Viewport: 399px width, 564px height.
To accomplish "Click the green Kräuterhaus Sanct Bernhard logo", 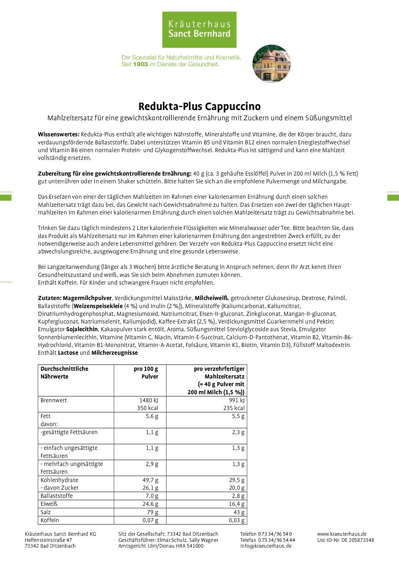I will coord(199,30).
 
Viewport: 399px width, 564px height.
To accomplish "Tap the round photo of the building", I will coord(272,63).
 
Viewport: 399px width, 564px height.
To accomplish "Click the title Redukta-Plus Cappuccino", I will coord(199,106).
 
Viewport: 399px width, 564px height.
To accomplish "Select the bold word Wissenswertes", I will coord(59,134).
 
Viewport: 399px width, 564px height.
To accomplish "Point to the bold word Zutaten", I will coord(50,298).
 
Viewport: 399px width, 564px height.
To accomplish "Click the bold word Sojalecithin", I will coord(82,329).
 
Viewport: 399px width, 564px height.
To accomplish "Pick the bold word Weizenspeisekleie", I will coord(98,306).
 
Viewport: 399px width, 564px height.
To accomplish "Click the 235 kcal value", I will coord(234,408).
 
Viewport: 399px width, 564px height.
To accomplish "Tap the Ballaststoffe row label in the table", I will coord(57,496).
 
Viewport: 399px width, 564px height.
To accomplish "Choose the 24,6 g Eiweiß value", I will coord(150,504).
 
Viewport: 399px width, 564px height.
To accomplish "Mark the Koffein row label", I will coord(50,520).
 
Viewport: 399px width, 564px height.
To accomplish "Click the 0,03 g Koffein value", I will coord(237,520).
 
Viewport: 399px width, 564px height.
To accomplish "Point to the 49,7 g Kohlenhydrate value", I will coord(150,480).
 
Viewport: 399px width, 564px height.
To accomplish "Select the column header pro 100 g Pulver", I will coord(146,373).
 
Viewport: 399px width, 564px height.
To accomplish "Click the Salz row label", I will coord(46,512).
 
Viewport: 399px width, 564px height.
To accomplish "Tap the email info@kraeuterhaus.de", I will coord(266,546).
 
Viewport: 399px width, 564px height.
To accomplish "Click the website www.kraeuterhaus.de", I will coord(342,534).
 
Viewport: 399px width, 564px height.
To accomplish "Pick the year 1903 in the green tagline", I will coord(140,64).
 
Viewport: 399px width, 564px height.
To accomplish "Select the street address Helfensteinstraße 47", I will coord(48,540).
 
